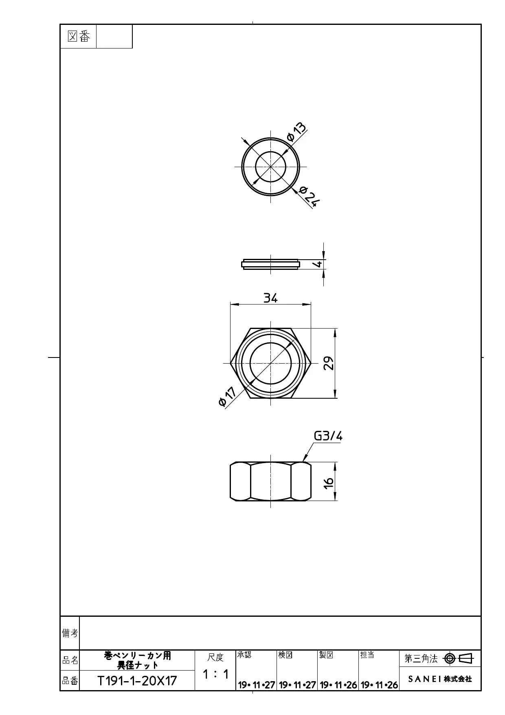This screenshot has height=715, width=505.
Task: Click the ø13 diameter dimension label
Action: (x=296, y=131)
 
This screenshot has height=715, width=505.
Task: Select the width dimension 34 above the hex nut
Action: (x=270, y=298)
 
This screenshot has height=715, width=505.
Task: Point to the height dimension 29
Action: (x=329, y=363)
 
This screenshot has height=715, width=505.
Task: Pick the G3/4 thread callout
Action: (x=328, y=436)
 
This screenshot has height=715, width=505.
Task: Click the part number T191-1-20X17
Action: (x=137, y=681)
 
